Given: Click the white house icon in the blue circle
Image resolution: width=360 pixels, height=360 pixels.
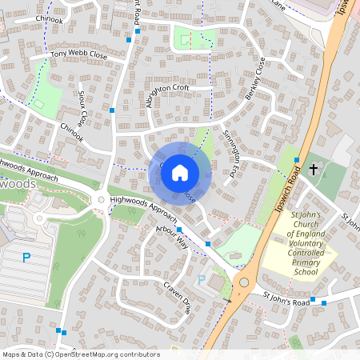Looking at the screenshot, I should pos(180,171).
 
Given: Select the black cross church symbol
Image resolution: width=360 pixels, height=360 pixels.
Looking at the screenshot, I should pos(314,169).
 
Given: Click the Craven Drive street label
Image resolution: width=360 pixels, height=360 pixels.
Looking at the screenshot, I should pos(178,296).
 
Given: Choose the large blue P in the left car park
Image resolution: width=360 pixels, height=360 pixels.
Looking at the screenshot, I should pos(26,258).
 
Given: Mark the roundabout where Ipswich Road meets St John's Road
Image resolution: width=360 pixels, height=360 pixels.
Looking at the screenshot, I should pos(245,281).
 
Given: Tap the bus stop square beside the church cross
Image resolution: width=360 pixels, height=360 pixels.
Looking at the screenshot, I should pos(298,160).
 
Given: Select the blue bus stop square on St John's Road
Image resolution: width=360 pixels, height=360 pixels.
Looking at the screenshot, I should pos(313,302).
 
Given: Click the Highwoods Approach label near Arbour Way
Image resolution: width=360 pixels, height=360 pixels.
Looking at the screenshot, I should pos(145,206).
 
